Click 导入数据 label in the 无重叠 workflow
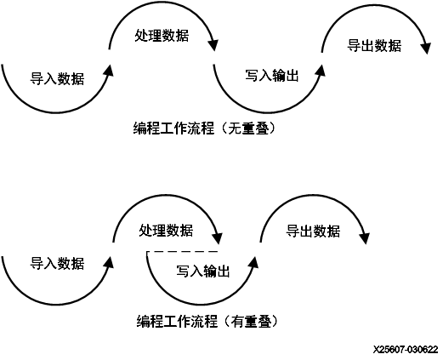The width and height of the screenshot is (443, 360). click(x=57, y=79)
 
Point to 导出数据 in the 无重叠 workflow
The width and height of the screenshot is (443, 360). click(x=375, y=45)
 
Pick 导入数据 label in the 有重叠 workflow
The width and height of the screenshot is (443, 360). click(x=57, y=263)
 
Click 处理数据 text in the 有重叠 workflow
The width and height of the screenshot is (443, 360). click(x=166, y=231)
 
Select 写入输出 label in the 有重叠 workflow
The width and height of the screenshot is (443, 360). click(x=203, y=271)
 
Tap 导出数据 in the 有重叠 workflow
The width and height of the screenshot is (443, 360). click(x=313, y=231)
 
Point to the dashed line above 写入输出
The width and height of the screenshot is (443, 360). click(x=183, y=254)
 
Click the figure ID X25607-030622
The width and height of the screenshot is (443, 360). click(x=405, y=350)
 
